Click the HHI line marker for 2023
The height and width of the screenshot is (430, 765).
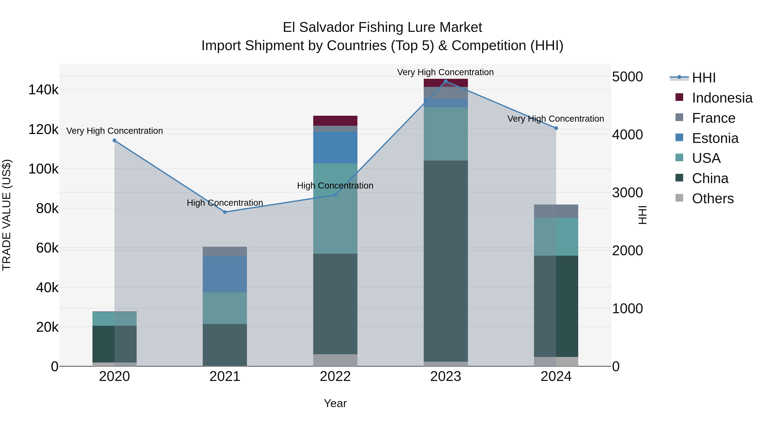445,81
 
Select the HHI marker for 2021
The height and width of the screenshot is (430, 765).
225,212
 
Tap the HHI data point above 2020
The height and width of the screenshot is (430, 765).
114,140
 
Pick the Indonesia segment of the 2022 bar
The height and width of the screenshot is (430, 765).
335,121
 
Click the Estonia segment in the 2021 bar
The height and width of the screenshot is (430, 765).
225,275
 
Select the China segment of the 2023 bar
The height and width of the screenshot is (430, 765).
445,261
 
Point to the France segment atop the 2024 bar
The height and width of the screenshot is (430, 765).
556,211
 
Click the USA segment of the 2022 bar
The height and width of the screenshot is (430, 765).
335,209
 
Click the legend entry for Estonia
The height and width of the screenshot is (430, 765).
715,138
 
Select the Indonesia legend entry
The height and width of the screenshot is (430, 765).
722,98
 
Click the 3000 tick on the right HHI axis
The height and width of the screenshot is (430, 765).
627,193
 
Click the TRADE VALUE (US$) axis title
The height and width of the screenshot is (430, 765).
7,215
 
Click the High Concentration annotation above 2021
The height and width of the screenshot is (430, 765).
225,203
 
